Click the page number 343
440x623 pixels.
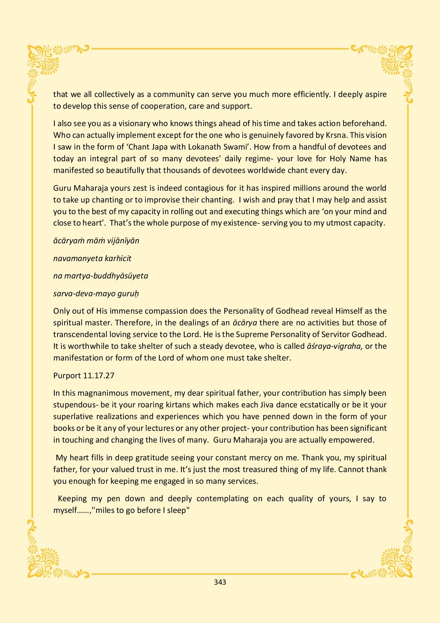coord(220,582)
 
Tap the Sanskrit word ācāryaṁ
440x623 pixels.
coord(68,241)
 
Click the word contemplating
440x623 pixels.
coord(222,499)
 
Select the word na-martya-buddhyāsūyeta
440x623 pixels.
coord(100,276)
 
